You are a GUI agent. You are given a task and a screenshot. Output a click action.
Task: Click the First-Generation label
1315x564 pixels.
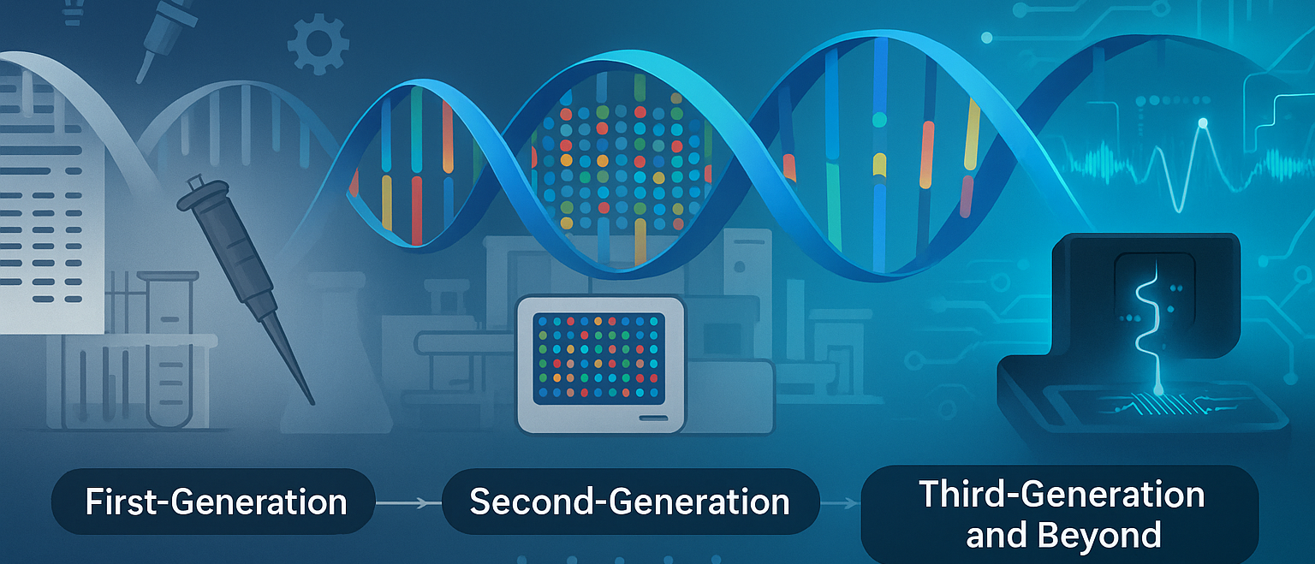pos(215,502)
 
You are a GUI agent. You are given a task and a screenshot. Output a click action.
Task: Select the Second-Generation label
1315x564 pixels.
pos(629,502)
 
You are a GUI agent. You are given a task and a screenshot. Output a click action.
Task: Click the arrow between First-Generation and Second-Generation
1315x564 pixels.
pos(408,502)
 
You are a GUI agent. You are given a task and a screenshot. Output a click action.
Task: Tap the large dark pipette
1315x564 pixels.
pos(231,257)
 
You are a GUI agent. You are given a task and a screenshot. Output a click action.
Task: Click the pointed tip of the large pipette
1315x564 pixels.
pos(308,399)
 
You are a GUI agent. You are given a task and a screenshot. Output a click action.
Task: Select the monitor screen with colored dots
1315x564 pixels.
pos(599,358)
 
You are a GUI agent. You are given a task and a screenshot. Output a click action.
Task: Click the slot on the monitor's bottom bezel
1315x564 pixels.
pos(652,418)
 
